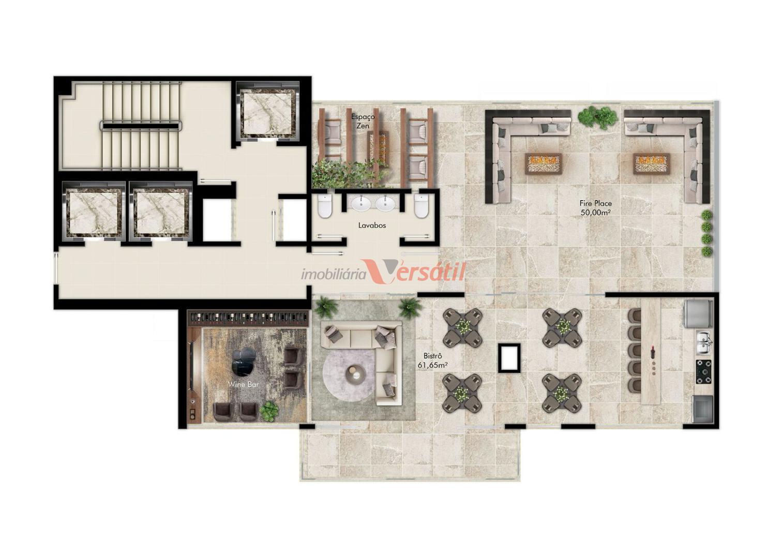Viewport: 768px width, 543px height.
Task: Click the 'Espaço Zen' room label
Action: pos(363,121)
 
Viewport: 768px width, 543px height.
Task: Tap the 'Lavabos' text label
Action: pos(372,225)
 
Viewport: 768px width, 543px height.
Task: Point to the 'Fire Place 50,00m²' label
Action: pos(596,208)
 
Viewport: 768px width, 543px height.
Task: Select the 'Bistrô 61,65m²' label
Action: pos(432,360)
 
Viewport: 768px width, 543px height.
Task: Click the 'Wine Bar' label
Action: pos(244,384)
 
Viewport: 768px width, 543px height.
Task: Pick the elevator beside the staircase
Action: pos(267,113)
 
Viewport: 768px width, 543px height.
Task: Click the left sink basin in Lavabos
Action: pos(360,204)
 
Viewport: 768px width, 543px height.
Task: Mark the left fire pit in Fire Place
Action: pos(544,164)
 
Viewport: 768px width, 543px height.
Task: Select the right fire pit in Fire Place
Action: pos(652,164)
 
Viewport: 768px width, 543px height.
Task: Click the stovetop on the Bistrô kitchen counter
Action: pos(703,372)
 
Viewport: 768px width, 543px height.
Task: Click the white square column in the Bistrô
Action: pos(509,358)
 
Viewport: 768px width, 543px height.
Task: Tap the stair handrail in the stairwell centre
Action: pos(141,126)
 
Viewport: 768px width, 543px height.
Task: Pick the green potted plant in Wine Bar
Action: pos(268,411)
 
